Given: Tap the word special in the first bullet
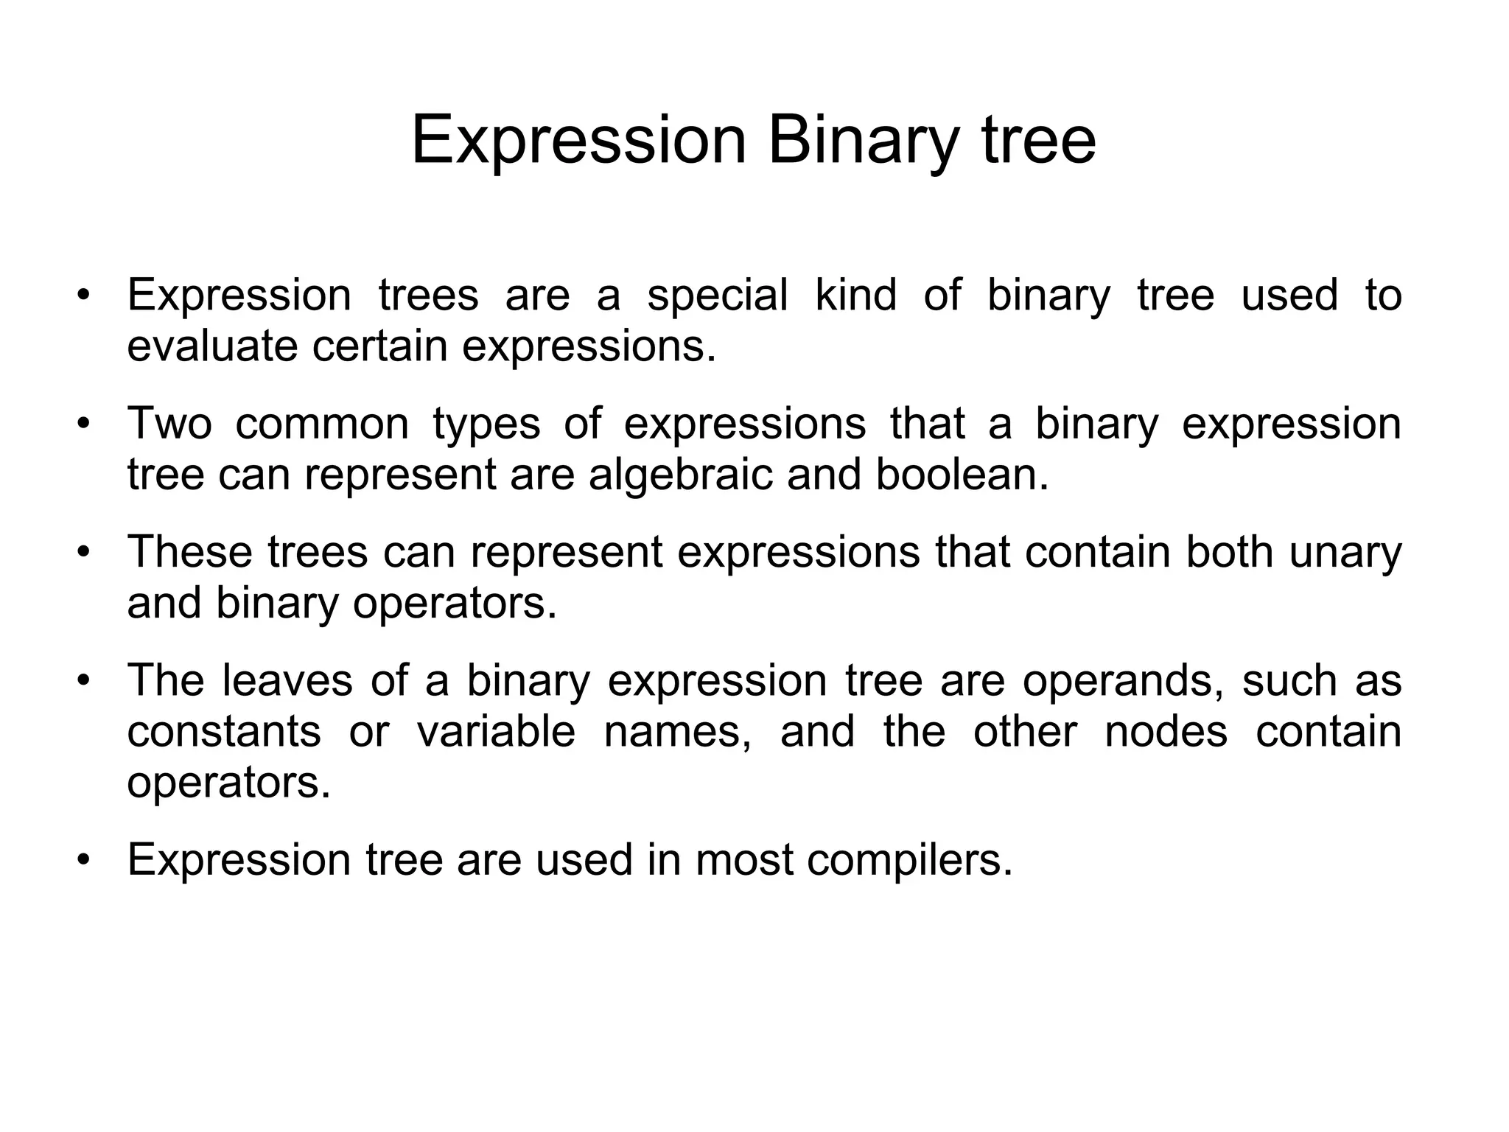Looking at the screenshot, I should click(x=717, y=296).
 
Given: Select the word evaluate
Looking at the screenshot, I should click(x=213, y=346).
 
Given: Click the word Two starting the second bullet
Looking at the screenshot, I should click(x=169, y=424).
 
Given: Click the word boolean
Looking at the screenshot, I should click(x=962, y=475).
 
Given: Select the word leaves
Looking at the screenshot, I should click(x=287, y=681).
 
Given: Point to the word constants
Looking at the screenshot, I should click(x=224, y=733).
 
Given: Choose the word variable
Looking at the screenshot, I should click(x=496, y=733).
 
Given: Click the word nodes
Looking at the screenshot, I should click(x=1166, y=733).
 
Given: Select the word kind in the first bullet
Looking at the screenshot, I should click(x=856, y=295).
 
